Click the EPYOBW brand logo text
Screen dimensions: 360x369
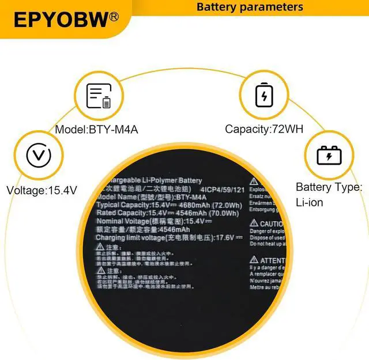pos(61,20)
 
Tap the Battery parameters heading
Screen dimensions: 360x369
pos(250,7)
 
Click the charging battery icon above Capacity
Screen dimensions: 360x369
pos(264,94)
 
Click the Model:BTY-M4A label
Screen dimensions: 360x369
pos(96,129)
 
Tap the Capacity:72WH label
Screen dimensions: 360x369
pos(263,129)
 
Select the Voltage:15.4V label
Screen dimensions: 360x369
pos(42,190)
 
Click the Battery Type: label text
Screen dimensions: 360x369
pos(329,187)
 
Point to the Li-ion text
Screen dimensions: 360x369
pos(309,202)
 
